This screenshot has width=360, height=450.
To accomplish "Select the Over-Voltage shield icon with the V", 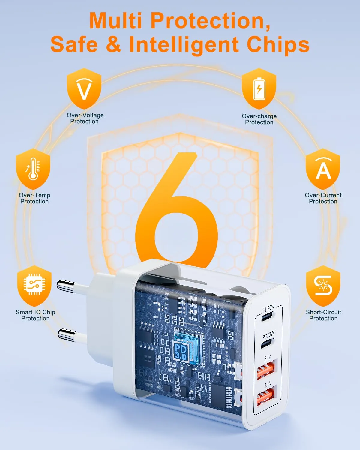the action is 84,88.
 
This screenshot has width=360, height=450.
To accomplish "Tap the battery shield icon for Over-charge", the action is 259,88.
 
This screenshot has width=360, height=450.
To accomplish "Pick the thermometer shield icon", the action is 33,169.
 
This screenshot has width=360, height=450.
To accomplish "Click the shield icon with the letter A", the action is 323,169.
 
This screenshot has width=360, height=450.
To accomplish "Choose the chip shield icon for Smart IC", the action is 34,286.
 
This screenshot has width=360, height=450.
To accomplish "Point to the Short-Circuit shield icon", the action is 323,286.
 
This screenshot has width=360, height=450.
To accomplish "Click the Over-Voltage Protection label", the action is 85,118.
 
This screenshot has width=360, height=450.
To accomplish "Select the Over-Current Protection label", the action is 323,198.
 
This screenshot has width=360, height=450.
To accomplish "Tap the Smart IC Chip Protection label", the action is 36,315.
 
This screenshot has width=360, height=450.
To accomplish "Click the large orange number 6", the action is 177,209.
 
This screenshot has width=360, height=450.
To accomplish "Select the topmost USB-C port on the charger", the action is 268,317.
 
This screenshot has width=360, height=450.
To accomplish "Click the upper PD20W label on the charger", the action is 269,308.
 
